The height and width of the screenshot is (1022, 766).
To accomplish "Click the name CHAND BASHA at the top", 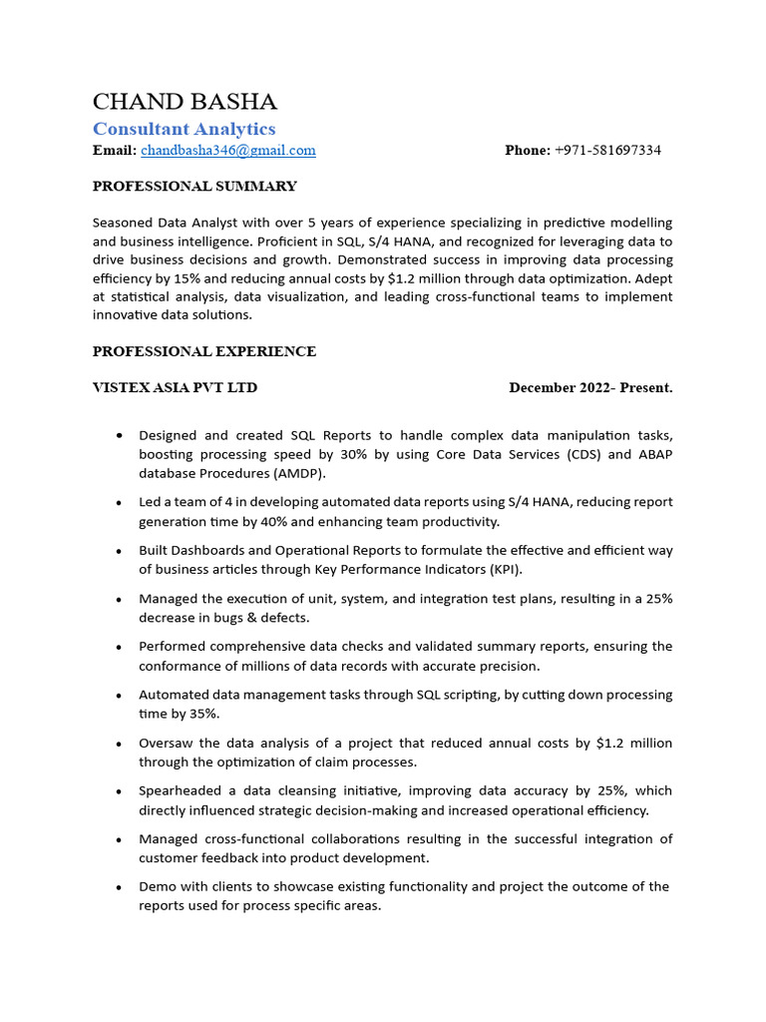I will (185, 102).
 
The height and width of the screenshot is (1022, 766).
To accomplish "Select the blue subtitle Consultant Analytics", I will (184, 129).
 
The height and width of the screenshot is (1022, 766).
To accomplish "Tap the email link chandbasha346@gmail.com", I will (227, 151).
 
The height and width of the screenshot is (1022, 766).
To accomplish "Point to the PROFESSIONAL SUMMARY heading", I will (194, 186).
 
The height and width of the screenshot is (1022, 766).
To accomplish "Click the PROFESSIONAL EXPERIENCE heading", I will (204, 351).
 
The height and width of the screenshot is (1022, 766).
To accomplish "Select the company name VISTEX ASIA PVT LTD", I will (175, 387).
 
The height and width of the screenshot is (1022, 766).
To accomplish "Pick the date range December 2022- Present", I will (590, 387).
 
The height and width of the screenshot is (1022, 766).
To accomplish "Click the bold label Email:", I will (114, 151).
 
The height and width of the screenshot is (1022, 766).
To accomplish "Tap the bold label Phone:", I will (528, 151).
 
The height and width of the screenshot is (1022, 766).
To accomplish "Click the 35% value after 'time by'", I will (203, 714).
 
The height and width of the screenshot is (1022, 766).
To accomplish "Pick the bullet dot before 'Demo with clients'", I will (120, 887).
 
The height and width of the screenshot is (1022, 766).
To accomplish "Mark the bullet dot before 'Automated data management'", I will (120, 696).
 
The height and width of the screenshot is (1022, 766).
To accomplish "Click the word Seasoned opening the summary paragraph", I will (123, 223).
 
